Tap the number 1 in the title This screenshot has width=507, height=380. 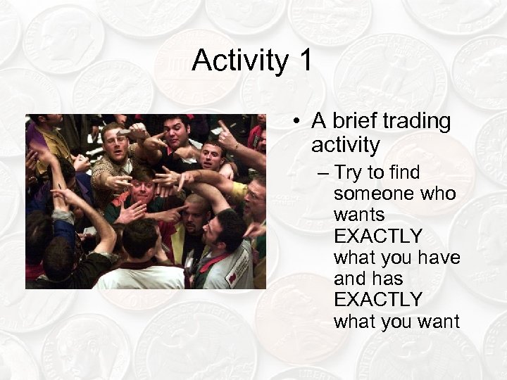[303, 61]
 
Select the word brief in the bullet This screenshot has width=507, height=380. [352, 121]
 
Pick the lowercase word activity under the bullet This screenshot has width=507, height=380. [345, 145]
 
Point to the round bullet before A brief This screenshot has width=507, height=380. [299, 122]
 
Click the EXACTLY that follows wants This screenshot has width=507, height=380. [378, 236]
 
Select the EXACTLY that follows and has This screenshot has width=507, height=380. [378, 300]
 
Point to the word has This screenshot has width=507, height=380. [389, 279]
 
